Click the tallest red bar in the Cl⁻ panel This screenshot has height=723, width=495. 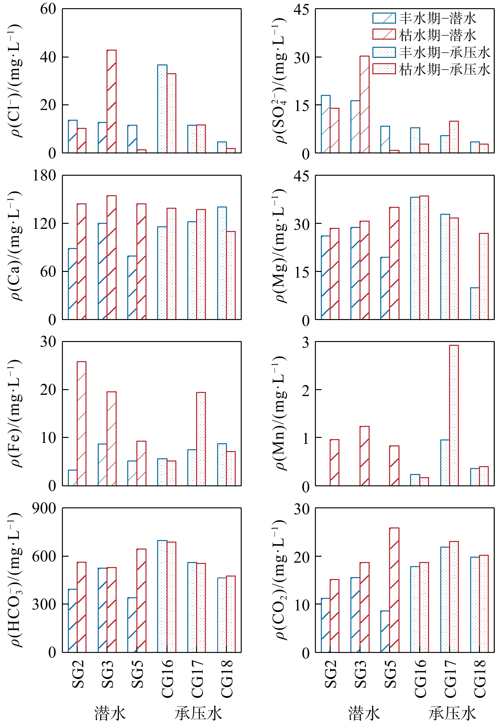pos(112,101)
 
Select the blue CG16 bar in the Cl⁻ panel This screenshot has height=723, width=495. pos(162,109)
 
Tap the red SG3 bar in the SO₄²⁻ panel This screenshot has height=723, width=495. pos(365,104)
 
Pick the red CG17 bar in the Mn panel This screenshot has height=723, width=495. pos(454,415)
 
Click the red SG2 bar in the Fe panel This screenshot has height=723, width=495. pos(82,423)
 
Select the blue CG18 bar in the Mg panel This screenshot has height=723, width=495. pos(475,303)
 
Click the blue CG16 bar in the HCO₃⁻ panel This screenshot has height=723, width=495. pos(162,596)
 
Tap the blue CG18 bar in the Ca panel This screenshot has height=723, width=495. pos(222,263)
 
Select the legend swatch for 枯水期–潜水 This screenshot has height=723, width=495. pos(384,35)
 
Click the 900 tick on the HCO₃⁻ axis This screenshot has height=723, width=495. pos(44,509)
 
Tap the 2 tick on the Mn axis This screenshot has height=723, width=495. pos(305,390)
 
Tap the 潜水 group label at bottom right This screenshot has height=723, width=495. pos(364,713)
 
